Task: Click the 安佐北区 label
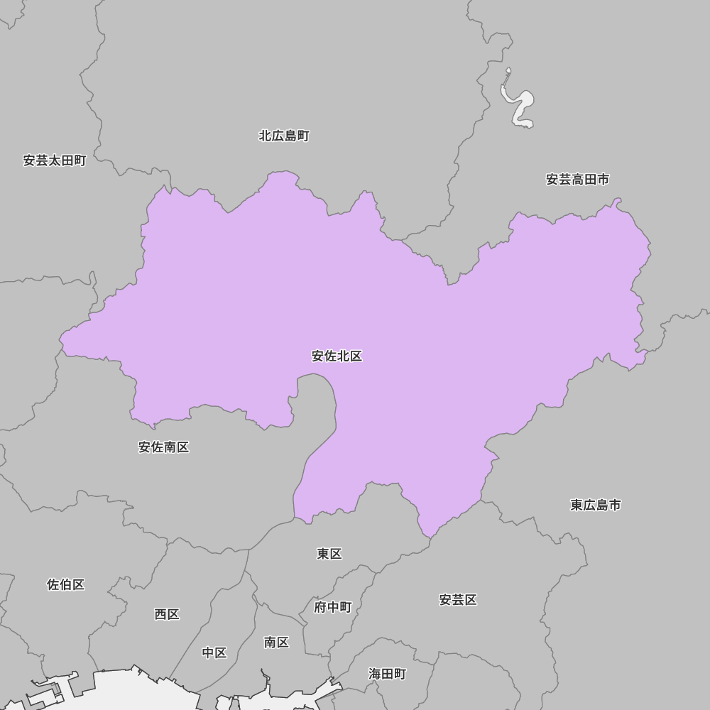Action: coord(337,356)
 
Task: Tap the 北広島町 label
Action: coord(284,136)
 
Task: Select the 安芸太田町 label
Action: coord(55,160)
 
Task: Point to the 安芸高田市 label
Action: coord(577,180)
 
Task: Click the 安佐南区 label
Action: coord(163,447)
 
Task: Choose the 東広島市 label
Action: coord(596,505)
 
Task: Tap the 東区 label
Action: coord(329,554)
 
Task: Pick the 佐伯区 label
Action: coord(66,584)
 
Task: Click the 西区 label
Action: coord(167,614)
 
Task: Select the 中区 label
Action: coord(214,652)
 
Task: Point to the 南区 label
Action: coord(276,643)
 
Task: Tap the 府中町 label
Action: coord(333,607)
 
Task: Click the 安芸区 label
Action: coord(458,600)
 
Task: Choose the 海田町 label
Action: coord(387,674)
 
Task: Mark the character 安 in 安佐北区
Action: coord(318,356)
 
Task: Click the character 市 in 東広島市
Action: coord(615,505)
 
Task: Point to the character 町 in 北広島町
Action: coord(303,136)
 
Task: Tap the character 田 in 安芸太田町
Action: coord(67,160)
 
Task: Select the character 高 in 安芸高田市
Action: coord(577,180)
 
